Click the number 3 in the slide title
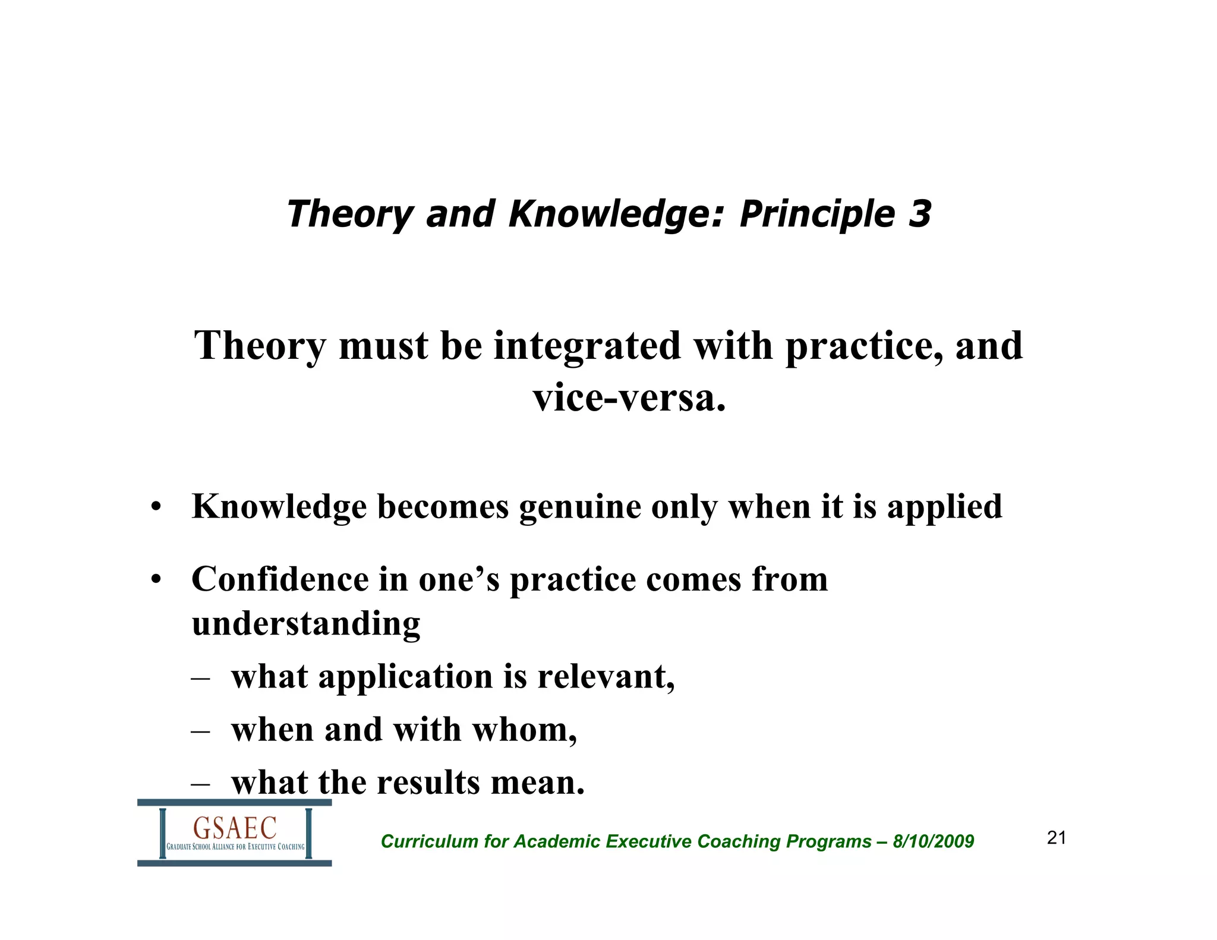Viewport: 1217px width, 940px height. [919, 214]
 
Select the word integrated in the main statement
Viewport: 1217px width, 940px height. [587, 347]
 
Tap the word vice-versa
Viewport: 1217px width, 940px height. [629, 398]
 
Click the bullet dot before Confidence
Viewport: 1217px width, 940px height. [156, 580]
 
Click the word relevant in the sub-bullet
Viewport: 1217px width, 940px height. [606, 677]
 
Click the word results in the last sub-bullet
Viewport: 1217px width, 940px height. [428, 783]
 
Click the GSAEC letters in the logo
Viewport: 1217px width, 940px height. [235, 827]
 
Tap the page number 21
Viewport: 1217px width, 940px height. [1057, 838]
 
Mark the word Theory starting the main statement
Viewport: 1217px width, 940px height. [260, 347]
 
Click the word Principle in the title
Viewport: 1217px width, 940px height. [816, 215]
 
